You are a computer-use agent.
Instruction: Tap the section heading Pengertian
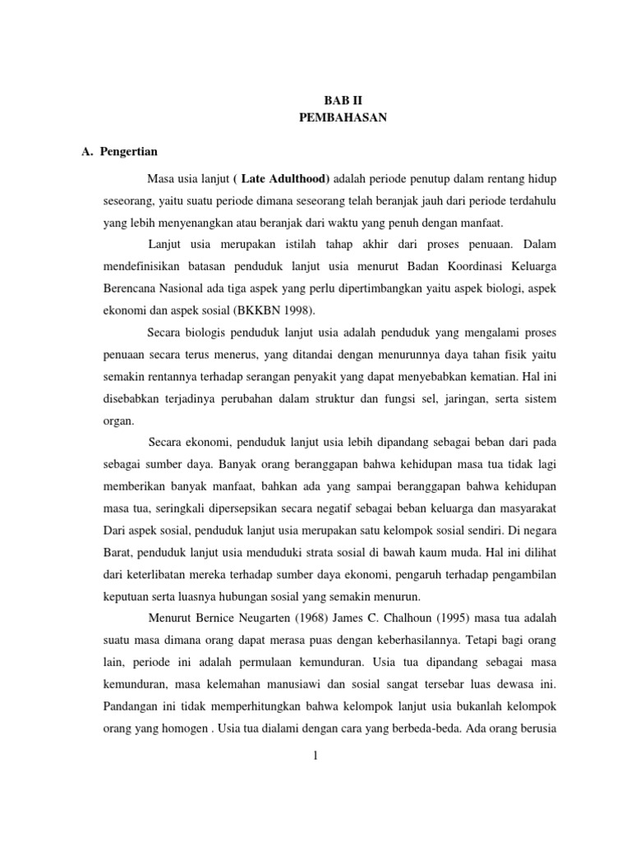pos(129,152)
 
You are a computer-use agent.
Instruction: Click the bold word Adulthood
pos(296,179)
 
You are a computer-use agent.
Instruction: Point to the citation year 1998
pos(297,311)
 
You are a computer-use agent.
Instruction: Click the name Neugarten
pos(266,618)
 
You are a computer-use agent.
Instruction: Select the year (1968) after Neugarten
pos(316,618)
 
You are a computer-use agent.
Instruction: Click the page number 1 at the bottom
pos(315,756)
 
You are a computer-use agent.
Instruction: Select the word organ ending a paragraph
pos(117,421)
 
